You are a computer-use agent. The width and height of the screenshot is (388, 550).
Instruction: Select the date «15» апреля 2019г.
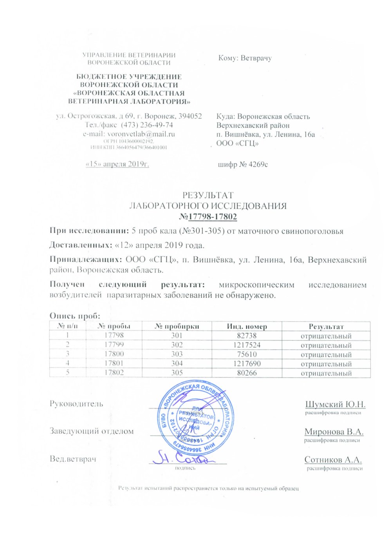click(117, 164)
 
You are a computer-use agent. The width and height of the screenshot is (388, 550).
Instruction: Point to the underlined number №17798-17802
click(208, 217)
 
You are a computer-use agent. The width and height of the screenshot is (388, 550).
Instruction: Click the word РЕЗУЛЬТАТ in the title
click(208, 195)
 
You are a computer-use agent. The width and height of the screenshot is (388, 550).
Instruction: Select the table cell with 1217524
click(247, 345)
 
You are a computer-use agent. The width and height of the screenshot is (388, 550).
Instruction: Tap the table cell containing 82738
click(247, 336)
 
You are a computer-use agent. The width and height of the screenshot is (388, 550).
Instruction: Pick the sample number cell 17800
click(114, 354)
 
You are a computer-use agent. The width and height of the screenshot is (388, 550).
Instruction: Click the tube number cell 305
click(177, 373)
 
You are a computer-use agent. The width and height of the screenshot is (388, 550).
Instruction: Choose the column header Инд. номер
click(247, 327)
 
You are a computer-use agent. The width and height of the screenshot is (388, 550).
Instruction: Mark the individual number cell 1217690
click(247, 363)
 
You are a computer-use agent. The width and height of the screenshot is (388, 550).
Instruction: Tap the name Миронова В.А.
click(334, 432)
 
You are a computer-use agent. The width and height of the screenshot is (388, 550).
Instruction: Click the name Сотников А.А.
click(333, 460)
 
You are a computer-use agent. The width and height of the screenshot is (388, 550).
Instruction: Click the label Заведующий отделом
click(92, 431)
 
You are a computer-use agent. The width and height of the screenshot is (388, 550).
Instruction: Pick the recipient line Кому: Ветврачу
click(245, 58)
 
